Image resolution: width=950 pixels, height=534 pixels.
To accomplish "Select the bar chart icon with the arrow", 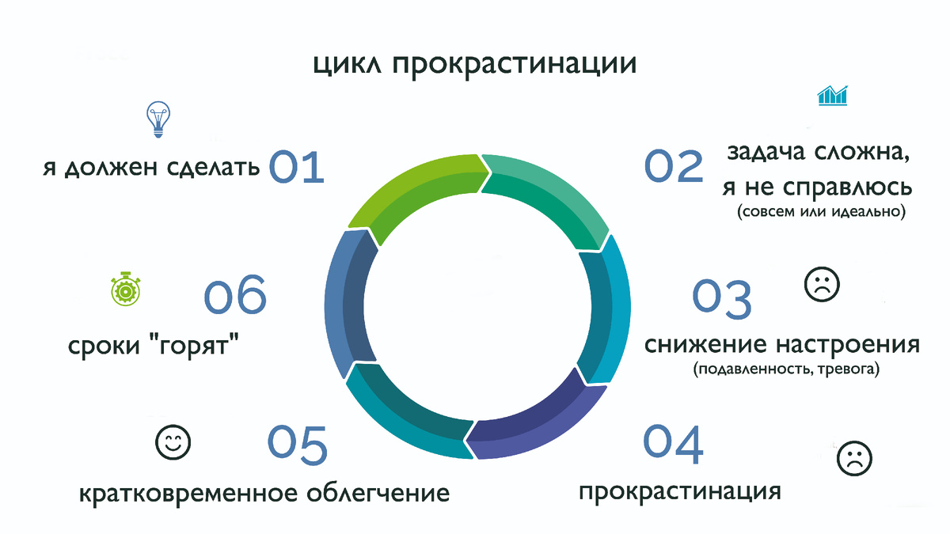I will pos(833,96).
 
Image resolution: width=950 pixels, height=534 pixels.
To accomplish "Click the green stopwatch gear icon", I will pos(126,290).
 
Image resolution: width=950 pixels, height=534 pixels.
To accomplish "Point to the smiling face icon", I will pos(173,441).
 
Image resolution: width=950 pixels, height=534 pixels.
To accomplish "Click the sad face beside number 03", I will pos(821,285).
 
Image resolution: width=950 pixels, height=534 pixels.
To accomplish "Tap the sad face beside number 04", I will pos(853,458).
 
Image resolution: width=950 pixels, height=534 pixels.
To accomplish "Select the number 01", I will pos(297,168).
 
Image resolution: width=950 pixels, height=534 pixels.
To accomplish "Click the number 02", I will pos(674,166).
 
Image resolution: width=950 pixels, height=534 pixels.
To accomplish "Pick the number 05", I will pos(296,445).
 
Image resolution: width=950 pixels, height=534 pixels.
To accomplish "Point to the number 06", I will pos(235,297).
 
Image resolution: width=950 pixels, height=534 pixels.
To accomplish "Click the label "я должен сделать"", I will pos(151,169).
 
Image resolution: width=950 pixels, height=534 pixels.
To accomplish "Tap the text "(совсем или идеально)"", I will pos(819,213).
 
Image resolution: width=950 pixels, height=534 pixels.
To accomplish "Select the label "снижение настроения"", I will pos(782,346).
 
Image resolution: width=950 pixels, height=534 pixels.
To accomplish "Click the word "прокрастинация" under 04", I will pos(680,491).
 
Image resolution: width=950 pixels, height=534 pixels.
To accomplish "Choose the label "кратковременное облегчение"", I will pos(264,494).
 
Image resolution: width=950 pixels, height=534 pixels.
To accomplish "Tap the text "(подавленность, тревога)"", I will pos(785,369).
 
